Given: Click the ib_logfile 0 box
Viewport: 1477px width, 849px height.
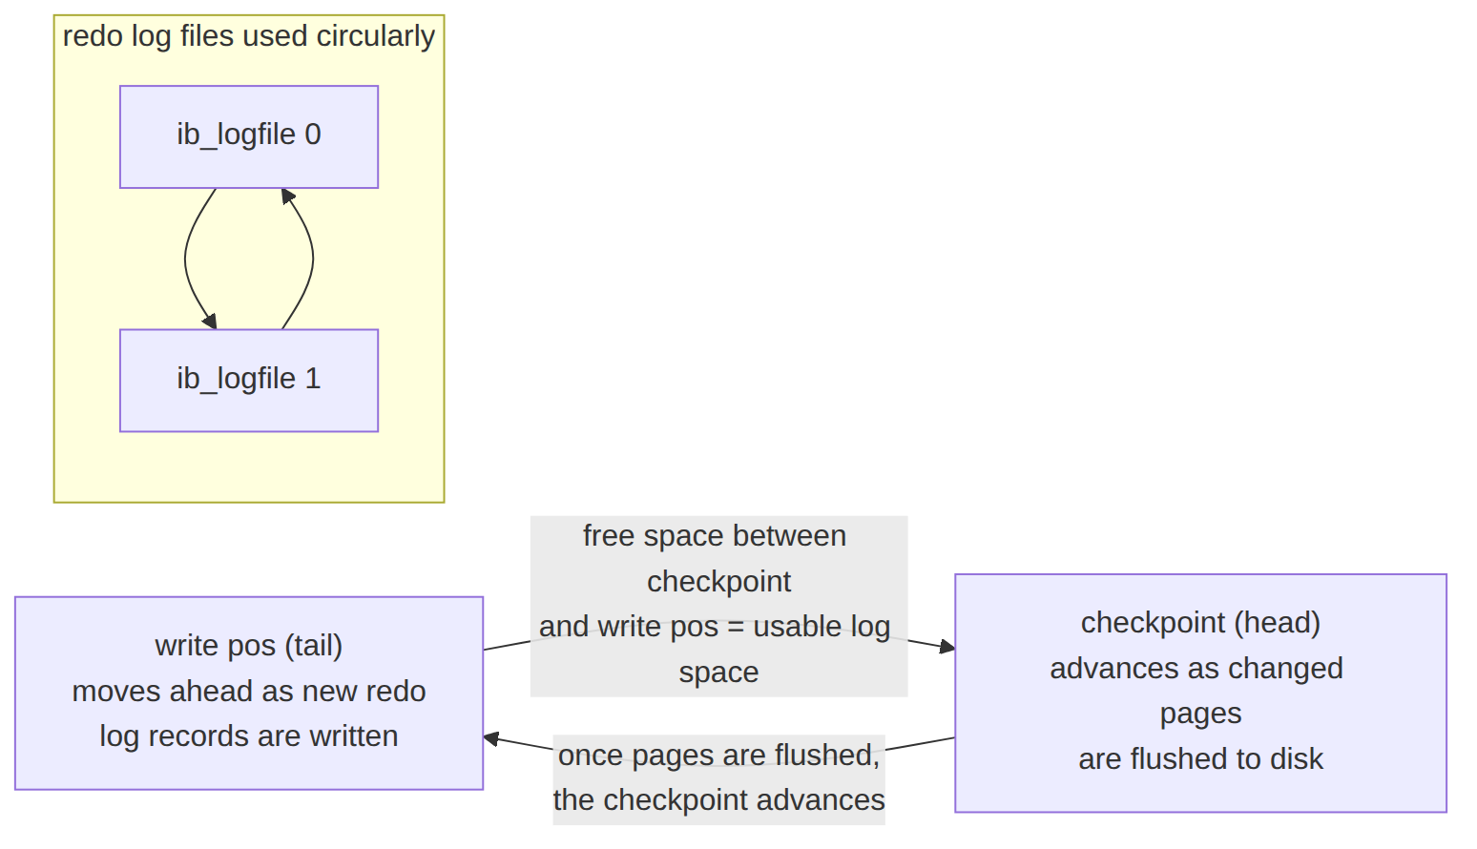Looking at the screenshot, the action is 249,136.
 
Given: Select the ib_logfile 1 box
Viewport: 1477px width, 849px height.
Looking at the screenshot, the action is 249,381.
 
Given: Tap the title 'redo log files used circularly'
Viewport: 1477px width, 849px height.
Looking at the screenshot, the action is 249,36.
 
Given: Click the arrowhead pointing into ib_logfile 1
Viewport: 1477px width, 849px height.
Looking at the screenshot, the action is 210,321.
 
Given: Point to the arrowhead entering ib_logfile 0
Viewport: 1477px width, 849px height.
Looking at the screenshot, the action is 288,197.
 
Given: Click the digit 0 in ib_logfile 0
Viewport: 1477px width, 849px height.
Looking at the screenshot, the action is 313,135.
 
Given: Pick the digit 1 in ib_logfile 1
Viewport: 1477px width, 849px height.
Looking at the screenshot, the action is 313,379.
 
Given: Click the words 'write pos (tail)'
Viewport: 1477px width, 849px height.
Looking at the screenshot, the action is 249,646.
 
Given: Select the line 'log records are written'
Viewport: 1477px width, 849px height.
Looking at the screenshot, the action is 249,736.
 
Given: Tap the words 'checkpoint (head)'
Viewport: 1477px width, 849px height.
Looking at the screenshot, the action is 1200,623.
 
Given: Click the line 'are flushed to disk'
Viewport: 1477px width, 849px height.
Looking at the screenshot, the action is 1200,758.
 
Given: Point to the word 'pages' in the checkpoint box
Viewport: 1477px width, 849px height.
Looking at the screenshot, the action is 1200,714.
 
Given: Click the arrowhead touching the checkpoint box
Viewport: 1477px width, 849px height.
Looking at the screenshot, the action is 947,648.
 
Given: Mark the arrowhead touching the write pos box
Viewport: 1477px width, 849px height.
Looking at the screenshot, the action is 491,738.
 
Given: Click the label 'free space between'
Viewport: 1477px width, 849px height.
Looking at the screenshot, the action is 715,536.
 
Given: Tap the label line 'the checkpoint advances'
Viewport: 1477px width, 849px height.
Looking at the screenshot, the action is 718,800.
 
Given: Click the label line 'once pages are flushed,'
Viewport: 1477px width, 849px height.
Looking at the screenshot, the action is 718,756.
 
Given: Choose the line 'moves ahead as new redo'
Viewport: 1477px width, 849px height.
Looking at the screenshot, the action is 249,692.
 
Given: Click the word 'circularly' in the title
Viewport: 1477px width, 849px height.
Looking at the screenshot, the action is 375,36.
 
